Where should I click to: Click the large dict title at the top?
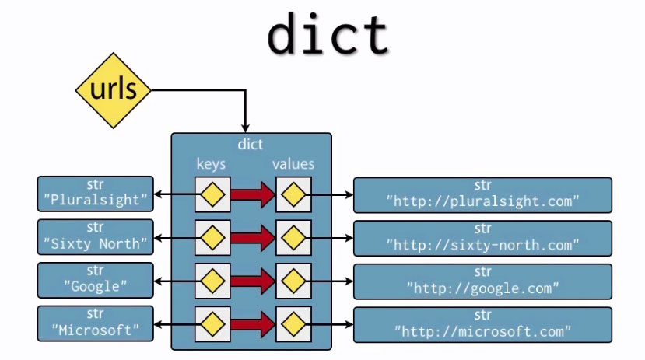tap(328, 33)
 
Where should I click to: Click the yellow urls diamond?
tap(114, 90)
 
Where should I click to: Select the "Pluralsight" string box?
tap(95, 194)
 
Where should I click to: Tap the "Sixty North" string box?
tap(95, 237)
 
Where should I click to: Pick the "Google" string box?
tap(95, 281)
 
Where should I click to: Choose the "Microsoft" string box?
tap(95, 323)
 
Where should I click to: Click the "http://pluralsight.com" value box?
tap(482, 194)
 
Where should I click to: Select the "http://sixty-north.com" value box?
tap(482, 237)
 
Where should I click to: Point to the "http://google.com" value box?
tap(482, 281)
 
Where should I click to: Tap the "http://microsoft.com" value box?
tap(482, 323)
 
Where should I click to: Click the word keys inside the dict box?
tap(211, 164)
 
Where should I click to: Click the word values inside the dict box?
tap(293, 164)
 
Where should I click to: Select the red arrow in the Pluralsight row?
tap(252, 194)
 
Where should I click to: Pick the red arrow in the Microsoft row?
tap(252, 323)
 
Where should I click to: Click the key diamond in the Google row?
tap(212, 281)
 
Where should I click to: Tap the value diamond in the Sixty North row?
tap(293, 237)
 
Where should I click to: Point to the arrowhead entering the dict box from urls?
tap(246, 127)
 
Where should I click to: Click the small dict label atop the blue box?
tap(251, 144)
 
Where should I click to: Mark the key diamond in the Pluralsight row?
tap(212, 194)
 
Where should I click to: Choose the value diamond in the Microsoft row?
tap(293, 323)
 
